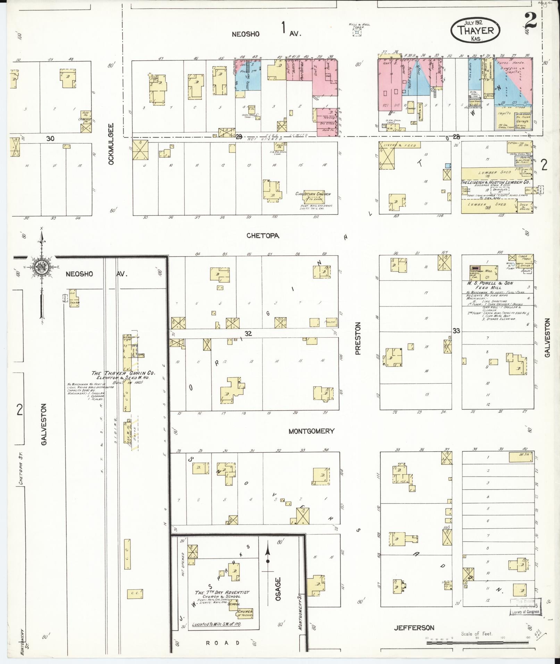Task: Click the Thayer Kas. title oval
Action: coord(475,30)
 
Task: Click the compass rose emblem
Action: coord(41,266)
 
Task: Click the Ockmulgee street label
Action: coord(111,144)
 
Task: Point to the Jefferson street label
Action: coord(414,628)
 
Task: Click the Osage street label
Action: coord(278,589)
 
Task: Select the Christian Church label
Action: coord(313,194)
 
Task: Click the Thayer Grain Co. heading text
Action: coord(124,373)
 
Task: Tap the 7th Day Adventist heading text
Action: coord(222,592)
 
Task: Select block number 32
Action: coord(248,334)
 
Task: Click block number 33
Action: coord(456,331)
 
